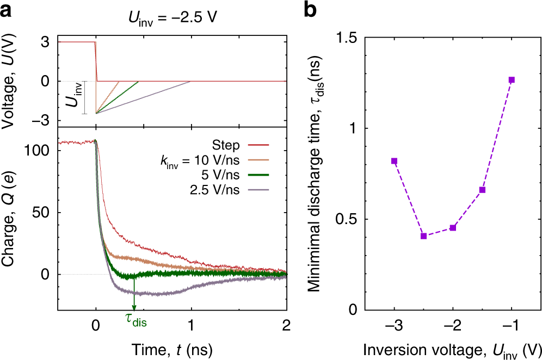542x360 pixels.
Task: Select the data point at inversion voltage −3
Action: tap(394, 161)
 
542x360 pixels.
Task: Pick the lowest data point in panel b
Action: tap(423, 236)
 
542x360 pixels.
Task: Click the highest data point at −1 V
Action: tap(512, 80)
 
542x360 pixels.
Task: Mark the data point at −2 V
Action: tap(453, 227)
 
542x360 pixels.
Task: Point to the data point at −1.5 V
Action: tap(482, 190)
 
